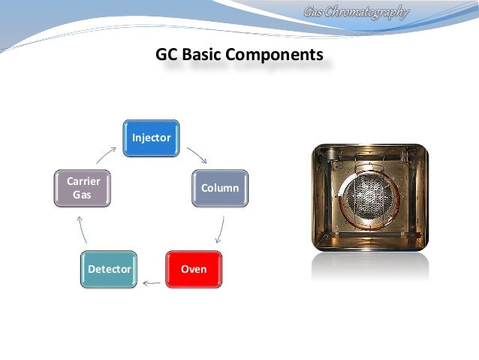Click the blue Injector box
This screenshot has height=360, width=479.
pos(152,138)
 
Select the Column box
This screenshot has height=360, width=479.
pos(219,188)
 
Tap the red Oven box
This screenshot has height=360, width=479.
pos(193,268)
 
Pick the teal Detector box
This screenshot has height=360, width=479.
pos(110,268)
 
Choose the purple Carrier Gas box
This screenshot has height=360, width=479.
pos(83,188)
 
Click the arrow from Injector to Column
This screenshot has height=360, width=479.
pos(197,155)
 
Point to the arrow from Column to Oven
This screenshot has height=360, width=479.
pos(221,228)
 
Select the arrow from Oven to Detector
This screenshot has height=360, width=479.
pos(152,283)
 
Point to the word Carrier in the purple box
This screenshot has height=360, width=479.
pos(83,182)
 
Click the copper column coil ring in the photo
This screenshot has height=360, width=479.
pos(335,198)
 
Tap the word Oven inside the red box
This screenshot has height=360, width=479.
pos(193,268)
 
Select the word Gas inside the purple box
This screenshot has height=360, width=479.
pos(83,195)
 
